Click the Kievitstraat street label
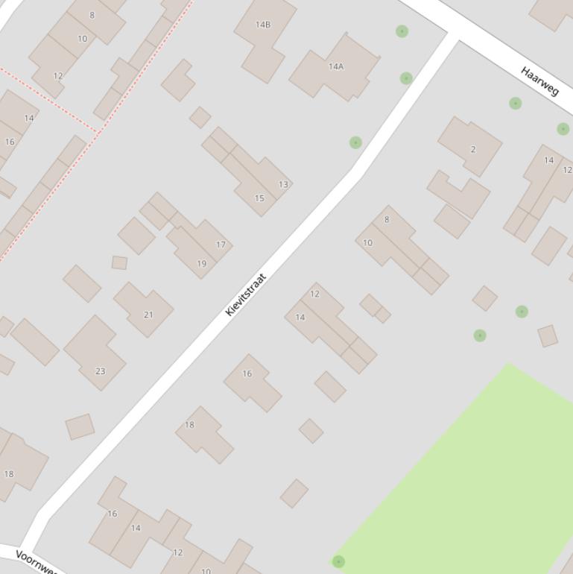point(246,295)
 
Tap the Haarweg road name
point(539,81)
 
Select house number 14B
point(263,25)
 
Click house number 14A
point(336,66)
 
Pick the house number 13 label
point(283,184)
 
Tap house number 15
point(259,198)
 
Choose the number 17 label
point(221,245)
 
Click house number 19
point(201,263)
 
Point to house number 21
point(148,315)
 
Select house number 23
point(100,370)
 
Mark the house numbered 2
point(472,149)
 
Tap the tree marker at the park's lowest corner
point(338,561)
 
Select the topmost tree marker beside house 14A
point(402,31)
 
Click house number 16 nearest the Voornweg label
point(113,514)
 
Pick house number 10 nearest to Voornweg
point(206,571)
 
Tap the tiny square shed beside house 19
point(119,262)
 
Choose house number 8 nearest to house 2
point(387,219)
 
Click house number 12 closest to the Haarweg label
point(567,170)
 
